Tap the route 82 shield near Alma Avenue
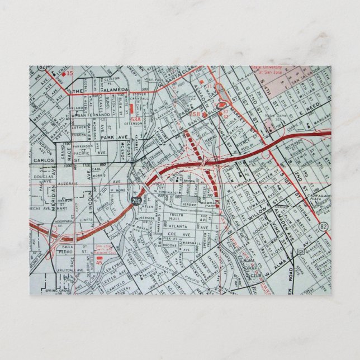point(324,226)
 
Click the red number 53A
point(135,119)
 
